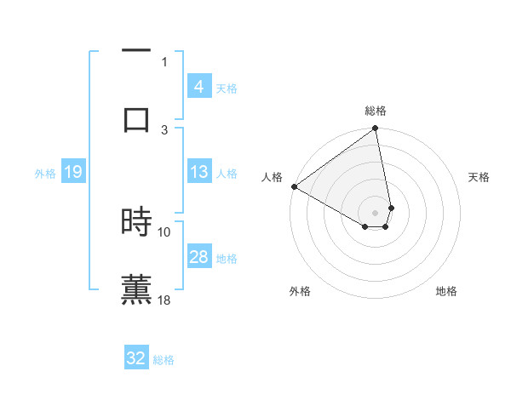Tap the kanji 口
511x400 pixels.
[x=136, y=118]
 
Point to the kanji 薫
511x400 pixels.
[x=136, y=288]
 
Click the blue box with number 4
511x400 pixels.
[x=198, y=86]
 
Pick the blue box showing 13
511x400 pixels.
[x=198, y=172]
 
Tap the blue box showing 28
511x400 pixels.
[x=198, y=257]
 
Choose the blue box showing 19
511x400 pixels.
[x=73, y=172]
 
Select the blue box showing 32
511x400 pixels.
[x=136, y=358]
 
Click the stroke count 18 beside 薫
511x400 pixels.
[x=165, y=300]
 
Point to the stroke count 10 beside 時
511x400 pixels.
[x=164, y=231]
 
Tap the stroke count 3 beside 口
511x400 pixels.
[x=165, y=129]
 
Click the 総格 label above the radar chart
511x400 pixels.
[x=376, y=111]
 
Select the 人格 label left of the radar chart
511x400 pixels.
[x=272, y=177]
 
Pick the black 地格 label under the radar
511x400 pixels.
[x=446, y=291]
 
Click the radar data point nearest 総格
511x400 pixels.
[x=376, y=129]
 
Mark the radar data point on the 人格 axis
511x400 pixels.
[x=294, y=186]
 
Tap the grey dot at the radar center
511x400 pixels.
[x=376, y=212]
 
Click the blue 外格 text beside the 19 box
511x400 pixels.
[x=45, y=173]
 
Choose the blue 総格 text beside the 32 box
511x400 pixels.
[x=164, y=360]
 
